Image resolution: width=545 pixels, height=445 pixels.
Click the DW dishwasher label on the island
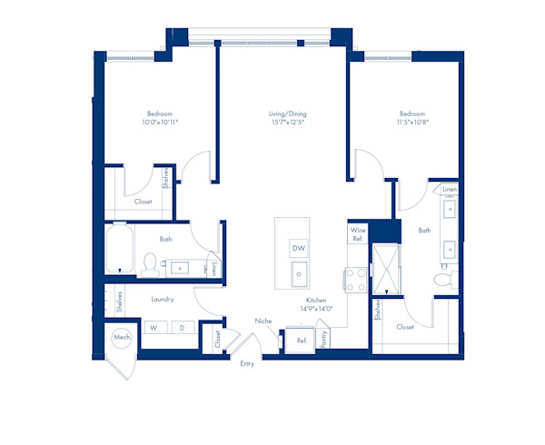299,248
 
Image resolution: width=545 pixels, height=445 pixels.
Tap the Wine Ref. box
358,233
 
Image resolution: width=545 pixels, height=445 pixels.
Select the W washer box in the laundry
155,328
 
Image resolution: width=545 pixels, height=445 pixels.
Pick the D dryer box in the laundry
183,328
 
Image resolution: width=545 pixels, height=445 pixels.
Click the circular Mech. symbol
122,337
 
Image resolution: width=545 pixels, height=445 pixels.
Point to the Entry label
247,363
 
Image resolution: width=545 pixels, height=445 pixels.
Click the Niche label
263,321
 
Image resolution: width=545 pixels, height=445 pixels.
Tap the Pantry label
324,339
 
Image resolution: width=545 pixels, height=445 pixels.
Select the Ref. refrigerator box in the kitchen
300,340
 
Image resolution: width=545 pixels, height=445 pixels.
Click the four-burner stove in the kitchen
356,280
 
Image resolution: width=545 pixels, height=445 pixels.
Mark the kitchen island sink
299,274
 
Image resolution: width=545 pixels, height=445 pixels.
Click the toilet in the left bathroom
150,265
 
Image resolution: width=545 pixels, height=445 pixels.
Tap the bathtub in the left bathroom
120,248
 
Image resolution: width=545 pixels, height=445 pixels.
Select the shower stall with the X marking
386,269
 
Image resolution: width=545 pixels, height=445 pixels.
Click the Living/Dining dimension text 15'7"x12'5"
288,122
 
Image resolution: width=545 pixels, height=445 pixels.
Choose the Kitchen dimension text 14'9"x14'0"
316,309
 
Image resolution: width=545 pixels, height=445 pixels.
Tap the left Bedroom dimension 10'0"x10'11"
160,122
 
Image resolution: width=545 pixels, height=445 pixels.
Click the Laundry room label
163,299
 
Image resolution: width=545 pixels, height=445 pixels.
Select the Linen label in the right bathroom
450,189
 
